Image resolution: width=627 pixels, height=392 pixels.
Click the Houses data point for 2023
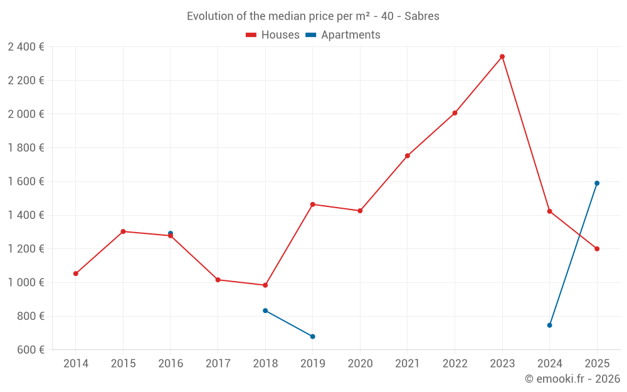pyautogui.click(x=502, y=56)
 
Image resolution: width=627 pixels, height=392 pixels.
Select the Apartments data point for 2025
pyautogui.click(x=597, y=183)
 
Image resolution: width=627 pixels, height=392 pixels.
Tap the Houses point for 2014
pyautogui.click(x=76, y=273)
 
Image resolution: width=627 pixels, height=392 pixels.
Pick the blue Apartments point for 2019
pyautogui.click(x=313, y=337)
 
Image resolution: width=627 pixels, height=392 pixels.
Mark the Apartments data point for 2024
pyautogui.click(x=550, y=325)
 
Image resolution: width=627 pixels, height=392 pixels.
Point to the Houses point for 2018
pyautogui.click(x=265, y=285)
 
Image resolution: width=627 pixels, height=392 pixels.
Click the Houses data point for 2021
pyautogui.click(x=408, y=156)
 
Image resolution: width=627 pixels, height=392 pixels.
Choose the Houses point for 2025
pyautogui.click(x=597, y=249)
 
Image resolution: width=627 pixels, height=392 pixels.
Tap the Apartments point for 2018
pyautogui.click(x=265, y=310)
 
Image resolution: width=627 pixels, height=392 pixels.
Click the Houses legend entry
pyautogui.click(x=273, y=35)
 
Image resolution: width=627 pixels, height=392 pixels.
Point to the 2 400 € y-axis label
pyautogui.click(x=26, y=47)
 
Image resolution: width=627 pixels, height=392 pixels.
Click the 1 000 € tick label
pyautogui.click(x=26, y=283)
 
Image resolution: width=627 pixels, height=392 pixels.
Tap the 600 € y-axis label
pyautogui.click(x=30, y=350)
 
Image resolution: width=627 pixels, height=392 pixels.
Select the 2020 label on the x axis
pyautogui.click(x=360, y=364)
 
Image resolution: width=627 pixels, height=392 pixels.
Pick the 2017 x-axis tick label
pyautogui.click(x=218, y=364)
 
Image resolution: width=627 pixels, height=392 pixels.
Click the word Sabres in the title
pyautogui.click(x=422, y=16)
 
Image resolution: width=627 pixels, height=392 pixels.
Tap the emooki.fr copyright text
pyautogui.click(x=572, y=379)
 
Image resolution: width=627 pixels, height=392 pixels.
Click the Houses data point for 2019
pyautogui.click(x=313, y=204)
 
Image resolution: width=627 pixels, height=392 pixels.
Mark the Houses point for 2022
pyautogui.click(x=455, y=113)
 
